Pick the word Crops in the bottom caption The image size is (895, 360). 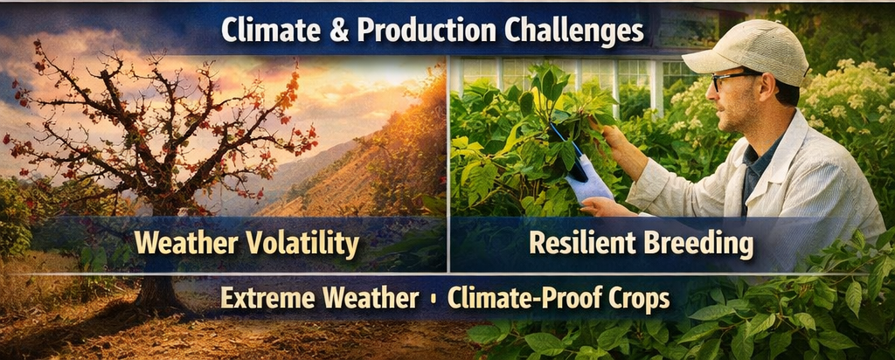tap(640, 299)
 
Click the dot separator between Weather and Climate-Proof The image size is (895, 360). tap(434, 299)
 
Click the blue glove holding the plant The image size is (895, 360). tap(593, 182)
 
